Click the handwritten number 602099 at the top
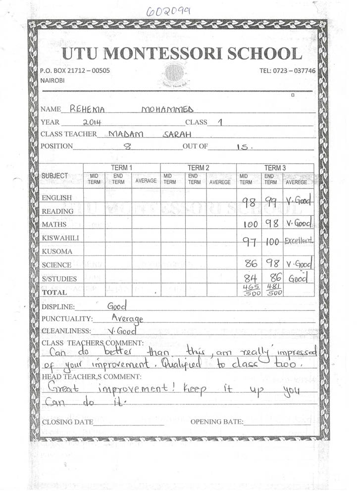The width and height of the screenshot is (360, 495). [x=168, y=11]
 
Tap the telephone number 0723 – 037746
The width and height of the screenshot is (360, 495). [x=287, y=71]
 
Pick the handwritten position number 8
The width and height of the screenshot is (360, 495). [x=129, y=146]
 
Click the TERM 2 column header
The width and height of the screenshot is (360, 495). [x=198, y=168]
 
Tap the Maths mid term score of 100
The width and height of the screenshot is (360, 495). [x=251, y=224]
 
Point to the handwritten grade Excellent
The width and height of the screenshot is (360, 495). [x=299, y=241]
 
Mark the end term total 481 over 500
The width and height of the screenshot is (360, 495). [x=272, y=290]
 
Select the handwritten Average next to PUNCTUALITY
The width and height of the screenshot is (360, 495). [x=127, y=318]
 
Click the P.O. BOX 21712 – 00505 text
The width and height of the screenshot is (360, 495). [x=75, y=71]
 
